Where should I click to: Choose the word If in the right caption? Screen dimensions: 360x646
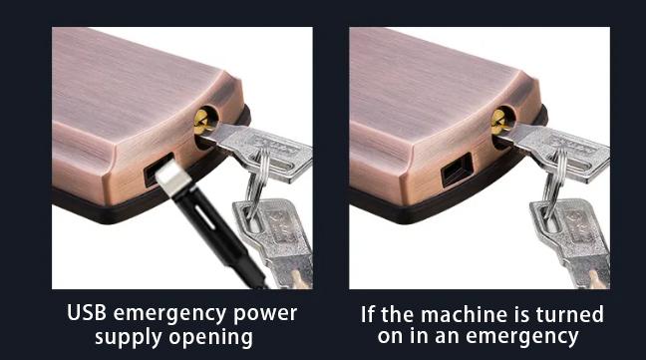tap(370, 314)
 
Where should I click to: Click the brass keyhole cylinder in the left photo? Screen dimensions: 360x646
tap(200, 125)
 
